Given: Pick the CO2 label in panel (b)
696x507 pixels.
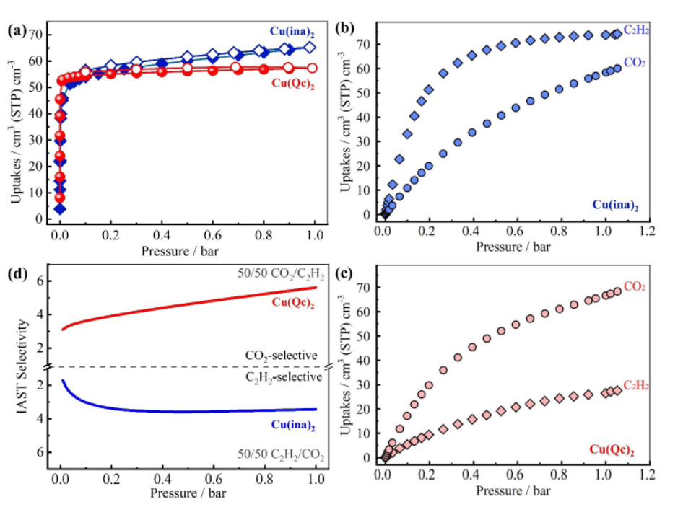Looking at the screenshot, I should pyautogui.click(x=634, y=63).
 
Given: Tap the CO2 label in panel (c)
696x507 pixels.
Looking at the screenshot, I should pyautogui.click(x=634, y=287).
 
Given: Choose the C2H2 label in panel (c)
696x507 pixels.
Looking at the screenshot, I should pyautogui.click(x=636, y=386).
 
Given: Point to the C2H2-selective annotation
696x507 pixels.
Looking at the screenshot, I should pyautogui.click(x=282, y=377).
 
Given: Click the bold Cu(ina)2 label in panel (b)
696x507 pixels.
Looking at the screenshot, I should pyautogui.click(x=616, y=205).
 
